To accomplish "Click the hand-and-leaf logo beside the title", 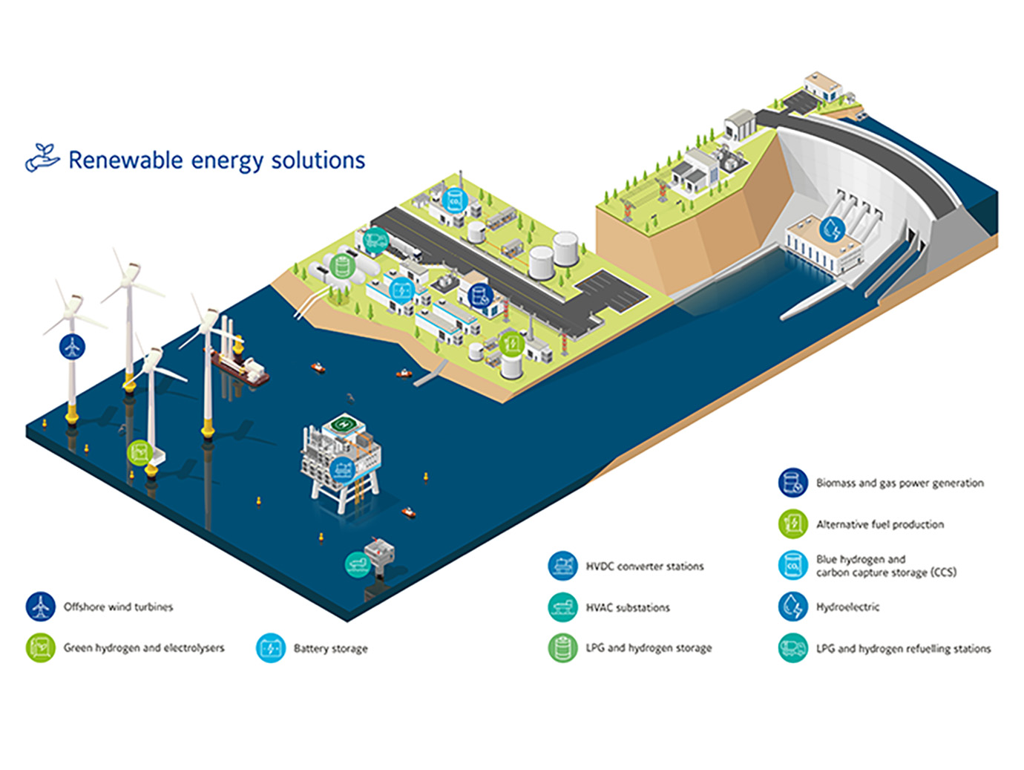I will [x=42, y=157].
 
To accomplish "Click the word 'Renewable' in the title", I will [x=125, y=160].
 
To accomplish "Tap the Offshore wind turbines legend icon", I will [x=40, y=607].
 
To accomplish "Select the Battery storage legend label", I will [x=330, y=648].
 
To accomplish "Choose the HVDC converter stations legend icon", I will [x=562, y=566].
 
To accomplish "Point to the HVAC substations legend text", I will [x=628, y=607].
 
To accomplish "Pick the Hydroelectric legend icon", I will [x=792, y=607].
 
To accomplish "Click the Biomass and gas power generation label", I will [x=899, y=483].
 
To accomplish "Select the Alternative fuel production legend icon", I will [x=792, y=524].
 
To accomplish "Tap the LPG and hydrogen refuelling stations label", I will [x=903, y=648].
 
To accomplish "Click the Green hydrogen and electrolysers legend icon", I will [x=40, y=647].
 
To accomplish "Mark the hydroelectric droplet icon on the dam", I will [x=832, y=229].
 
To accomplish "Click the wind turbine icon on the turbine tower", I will [x=72, y=346].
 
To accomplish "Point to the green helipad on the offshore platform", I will [x=343, y=425].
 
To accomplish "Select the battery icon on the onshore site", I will [x=401, y=289].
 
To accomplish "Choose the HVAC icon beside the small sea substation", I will [x=357, y=564].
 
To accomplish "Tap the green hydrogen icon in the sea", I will [x=138, y=451].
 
